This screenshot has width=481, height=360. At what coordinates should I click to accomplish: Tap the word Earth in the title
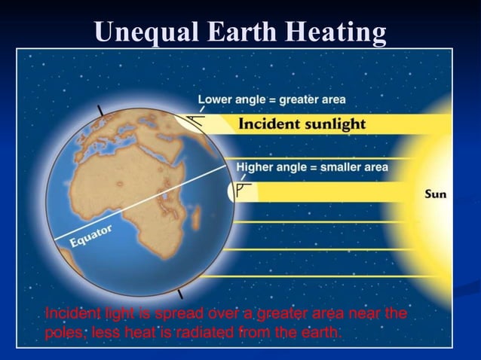click(x=237, y=32)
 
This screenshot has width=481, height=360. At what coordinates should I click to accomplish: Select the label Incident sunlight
click(x=302, y=124)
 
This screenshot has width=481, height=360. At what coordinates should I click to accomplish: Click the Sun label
click(x=435, y=194)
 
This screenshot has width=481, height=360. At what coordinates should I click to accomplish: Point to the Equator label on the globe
click(x=90, y=234)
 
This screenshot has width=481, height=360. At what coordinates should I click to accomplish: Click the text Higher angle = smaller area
click(x=312, y=167)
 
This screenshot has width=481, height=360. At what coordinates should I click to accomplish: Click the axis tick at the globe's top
click(x=100, y=110)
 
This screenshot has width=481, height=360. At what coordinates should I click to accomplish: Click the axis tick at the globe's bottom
click(x=179, y=292)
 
